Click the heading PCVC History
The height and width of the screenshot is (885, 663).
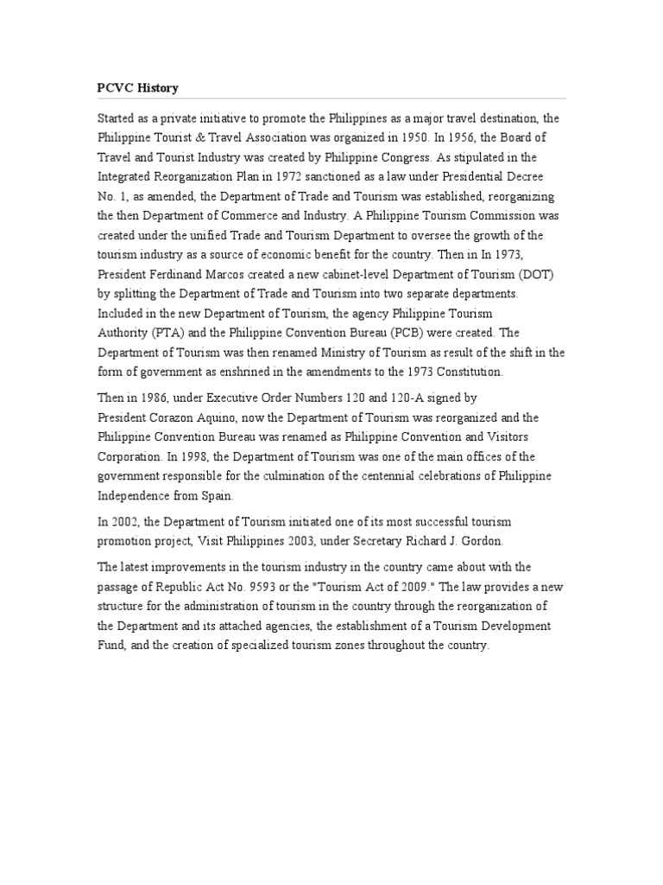[x=137, y=89]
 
